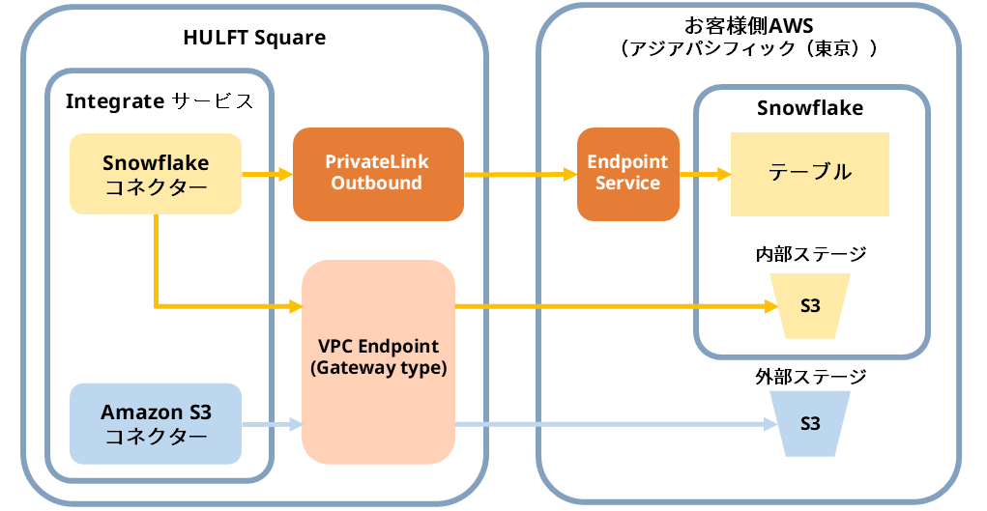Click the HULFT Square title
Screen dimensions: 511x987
254,39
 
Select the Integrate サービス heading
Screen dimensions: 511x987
160,101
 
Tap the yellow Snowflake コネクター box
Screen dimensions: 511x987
155,174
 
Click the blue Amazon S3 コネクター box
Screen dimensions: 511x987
155,424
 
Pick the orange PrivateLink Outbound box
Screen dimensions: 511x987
377,173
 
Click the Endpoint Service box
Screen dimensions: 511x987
627,173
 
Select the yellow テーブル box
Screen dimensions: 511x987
809,173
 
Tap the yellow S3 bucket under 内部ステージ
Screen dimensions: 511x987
810,306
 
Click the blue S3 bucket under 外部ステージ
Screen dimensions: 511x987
810,424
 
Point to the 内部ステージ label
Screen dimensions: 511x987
810,255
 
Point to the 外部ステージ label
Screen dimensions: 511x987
810,376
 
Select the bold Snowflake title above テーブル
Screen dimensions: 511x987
810,108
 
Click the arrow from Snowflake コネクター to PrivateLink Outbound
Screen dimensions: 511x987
266,175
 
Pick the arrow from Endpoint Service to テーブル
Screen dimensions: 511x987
704,175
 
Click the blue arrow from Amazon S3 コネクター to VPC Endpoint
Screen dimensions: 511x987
271,424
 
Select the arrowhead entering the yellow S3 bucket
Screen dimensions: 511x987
770,307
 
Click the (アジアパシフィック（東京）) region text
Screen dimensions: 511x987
749,48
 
